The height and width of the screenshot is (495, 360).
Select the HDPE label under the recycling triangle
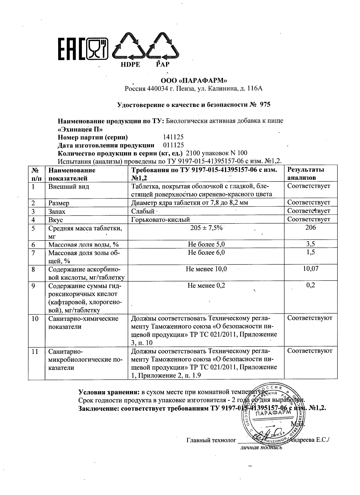[130, 65]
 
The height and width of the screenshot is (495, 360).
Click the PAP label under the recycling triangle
[163, 65]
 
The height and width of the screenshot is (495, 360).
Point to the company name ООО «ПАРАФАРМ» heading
[194, 81]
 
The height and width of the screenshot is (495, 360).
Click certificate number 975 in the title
[265, 105]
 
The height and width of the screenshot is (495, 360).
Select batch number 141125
[173, 137]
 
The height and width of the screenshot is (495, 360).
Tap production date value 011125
[173, 145]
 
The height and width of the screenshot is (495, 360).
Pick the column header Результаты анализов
[306, 174]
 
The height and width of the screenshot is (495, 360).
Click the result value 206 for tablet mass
[311, 227]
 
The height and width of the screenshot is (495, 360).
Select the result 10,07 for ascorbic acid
[311, 269]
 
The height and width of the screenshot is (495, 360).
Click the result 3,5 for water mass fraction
[311, 244]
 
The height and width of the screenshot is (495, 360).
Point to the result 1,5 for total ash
[311, 252]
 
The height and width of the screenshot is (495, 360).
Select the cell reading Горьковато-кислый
[161, 220]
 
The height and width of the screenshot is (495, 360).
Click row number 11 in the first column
[35, 352]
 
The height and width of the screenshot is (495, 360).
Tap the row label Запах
[57, 211]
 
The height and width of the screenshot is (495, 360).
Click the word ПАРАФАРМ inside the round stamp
[272, 413]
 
